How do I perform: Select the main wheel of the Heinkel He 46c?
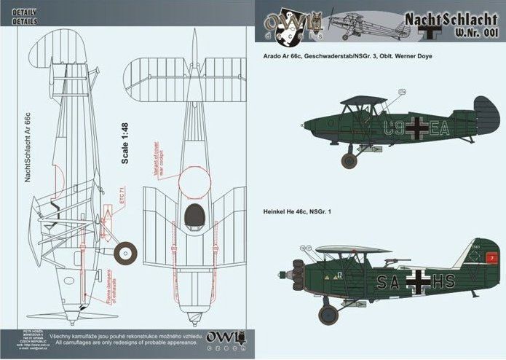(329, 315)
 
